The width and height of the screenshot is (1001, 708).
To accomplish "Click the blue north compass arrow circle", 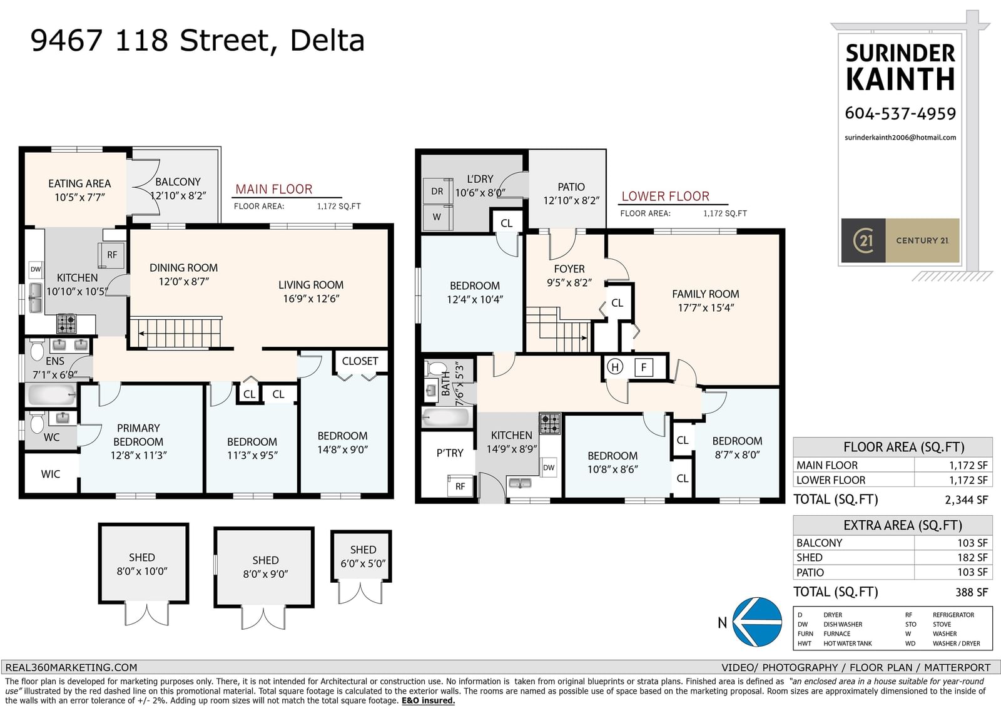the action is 757,622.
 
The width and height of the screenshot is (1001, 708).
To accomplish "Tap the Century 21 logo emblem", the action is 863,240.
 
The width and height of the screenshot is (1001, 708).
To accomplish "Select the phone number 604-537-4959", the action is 900,113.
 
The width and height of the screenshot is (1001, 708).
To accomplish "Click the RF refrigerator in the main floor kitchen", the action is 111,255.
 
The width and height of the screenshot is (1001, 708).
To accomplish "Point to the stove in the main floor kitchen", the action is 66,324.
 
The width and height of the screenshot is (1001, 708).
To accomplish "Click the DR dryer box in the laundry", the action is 437,191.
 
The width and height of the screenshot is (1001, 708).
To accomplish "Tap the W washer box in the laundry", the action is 437,217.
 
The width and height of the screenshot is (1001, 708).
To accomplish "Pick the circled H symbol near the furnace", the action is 615,367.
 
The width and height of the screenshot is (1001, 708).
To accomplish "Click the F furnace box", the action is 644,367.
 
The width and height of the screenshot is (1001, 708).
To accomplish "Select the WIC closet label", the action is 50,474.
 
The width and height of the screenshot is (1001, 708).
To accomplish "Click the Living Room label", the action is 311,285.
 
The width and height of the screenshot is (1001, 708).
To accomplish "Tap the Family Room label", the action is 706,294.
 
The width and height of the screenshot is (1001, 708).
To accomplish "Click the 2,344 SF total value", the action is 966,500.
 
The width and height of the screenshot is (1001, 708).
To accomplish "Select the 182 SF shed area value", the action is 972,557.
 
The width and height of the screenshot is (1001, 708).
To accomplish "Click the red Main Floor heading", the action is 274,189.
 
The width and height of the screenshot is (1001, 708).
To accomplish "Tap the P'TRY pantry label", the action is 450,453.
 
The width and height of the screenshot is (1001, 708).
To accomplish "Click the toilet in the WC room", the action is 37,422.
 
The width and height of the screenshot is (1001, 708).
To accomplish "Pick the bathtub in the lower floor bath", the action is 446,418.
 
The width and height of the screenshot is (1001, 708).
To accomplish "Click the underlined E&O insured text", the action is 428,700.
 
